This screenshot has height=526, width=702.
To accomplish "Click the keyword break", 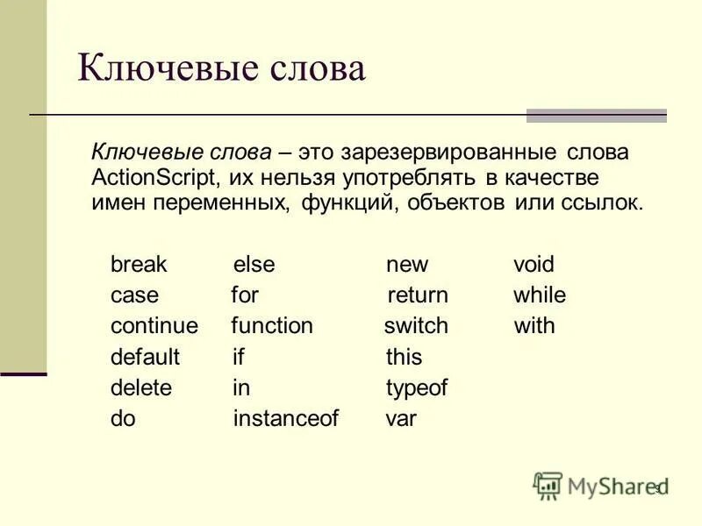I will (139, 264).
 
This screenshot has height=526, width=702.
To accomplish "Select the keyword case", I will (134, 295).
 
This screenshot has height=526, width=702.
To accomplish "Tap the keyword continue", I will (154, 326).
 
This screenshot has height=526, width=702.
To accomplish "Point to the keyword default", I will (145, 357).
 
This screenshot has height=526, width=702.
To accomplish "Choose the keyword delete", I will (141, 387).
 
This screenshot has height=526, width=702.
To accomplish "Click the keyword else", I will (254, 264).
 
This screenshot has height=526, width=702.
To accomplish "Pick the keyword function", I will (272, 326).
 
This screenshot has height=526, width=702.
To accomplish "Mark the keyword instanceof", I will (285, 418).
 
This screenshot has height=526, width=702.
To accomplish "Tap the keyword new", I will (407, 265).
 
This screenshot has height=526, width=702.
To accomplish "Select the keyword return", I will (418, 295).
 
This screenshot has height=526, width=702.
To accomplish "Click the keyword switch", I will (416, 326).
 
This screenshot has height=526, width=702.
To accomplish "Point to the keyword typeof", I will (417, 387).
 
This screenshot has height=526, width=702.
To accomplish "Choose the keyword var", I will (401, 419).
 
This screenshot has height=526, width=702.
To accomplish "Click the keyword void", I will (534, 264).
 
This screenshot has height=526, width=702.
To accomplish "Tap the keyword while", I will (540, 295).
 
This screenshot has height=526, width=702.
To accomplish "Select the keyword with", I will (534, 326).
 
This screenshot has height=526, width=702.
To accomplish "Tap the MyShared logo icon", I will (548, 485).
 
